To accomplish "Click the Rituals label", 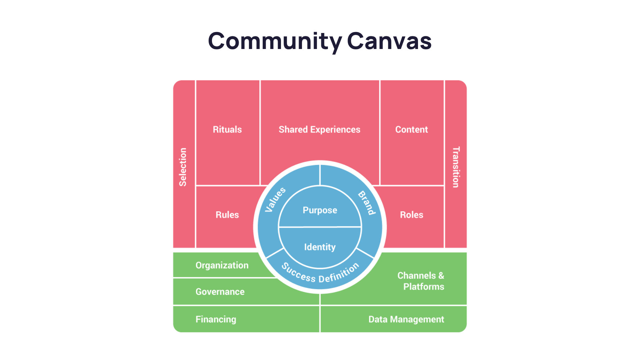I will point(227,129).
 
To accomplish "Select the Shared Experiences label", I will point(319,129).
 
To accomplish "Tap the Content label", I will point(411,129).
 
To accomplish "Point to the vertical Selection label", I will point(183,167).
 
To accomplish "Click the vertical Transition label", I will point(456,167).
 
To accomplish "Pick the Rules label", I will point(227,215).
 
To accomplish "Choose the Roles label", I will point(411,215).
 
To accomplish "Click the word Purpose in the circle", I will point(320,210).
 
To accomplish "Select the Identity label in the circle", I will point(320,247).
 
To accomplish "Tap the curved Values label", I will point(275,199).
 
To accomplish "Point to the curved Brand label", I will point(367,203).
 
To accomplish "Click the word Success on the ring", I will point(298,273).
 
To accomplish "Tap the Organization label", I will point(222,265).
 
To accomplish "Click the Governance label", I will point(220,292).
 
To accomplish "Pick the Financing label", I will point(216,319).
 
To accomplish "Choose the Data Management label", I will point(406,319).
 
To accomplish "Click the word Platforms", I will point(424,287).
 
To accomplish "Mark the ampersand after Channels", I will point(441,276).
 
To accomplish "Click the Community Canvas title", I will point(319,42).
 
